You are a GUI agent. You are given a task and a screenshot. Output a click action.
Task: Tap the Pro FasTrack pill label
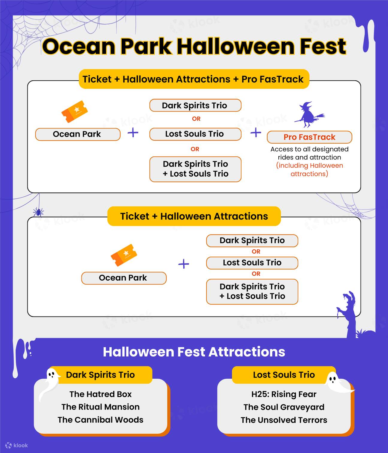pyautogui.click(x=309, y=137)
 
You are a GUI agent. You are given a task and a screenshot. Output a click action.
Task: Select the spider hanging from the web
pyautogui.click(x=38, y=212)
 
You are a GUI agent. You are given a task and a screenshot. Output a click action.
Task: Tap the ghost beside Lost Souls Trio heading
pyautogui.click(x=337, y=383)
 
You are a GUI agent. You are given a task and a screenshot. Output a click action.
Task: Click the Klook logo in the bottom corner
pyautogui.click(x=16, y=445)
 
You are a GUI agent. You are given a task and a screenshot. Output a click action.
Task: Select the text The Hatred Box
pyautogui.click(x=101, y=394)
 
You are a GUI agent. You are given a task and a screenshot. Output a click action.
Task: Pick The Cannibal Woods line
pyautogui.click(x=101, y=420)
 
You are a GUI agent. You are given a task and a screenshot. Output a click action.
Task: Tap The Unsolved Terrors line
pyautogui.click(x=284, y=420)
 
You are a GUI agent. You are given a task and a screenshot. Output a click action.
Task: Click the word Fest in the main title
pyautogui.click(x=323, y=46)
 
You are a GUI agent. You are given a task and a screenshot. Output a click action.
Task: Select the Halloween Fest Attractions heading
pyautogui.click(x=194, y=352)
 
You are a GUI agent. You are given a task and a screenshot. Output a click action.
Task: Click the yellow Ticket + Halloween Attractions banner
pyautogui.click(x=194, y=216)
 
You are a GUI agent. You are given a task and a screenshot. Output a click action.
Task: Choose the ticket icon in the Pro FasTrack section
pyautogui.click(x=75, y=112)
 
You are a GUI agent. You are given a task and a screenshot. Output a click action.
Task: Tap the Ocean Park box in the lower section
pyautogui.click(x=124, y=278)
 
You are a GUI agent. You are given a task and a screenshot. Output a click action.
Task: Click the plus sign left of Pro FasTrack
pyautogui.click(x=256, y=133)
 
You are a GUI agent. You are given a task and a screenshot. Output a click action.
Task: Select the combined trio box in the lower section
pyautogui.click(x=252, y=292)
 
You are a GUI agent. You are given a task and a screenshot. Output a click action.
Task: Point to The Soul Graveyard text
pyautogui.click(x=284, y=407)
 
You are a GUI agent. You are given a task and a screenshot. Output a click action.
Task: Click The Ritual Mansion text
pyautogui.click(x=101, y=407)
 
